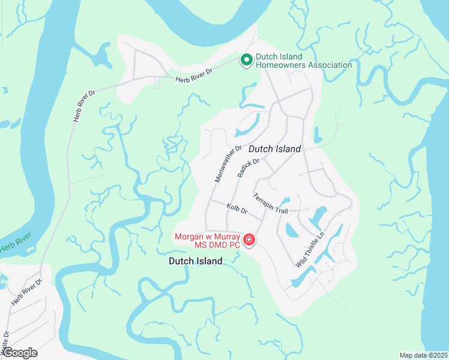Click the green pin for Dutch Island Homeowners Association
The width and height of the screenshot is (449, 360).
(246, 59)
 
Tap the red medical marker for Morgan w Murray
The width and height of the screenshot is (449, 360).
(249, 241)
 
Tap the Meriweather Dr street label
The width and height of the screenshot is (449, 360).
(228, 164)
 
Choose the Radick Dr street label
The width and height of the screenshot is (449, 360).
(247, 167)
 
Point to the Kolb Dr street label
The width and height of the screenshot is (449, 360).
(237, 209)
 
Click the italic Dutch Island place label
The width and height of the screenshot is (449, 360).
(274, 148)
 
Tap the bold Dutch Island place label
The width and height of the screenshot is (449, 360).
(196, 261)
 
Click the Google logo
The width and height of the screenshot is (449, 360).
(19, 353)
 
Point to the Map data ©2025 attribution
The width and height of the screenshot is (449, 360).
(423, 355)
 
